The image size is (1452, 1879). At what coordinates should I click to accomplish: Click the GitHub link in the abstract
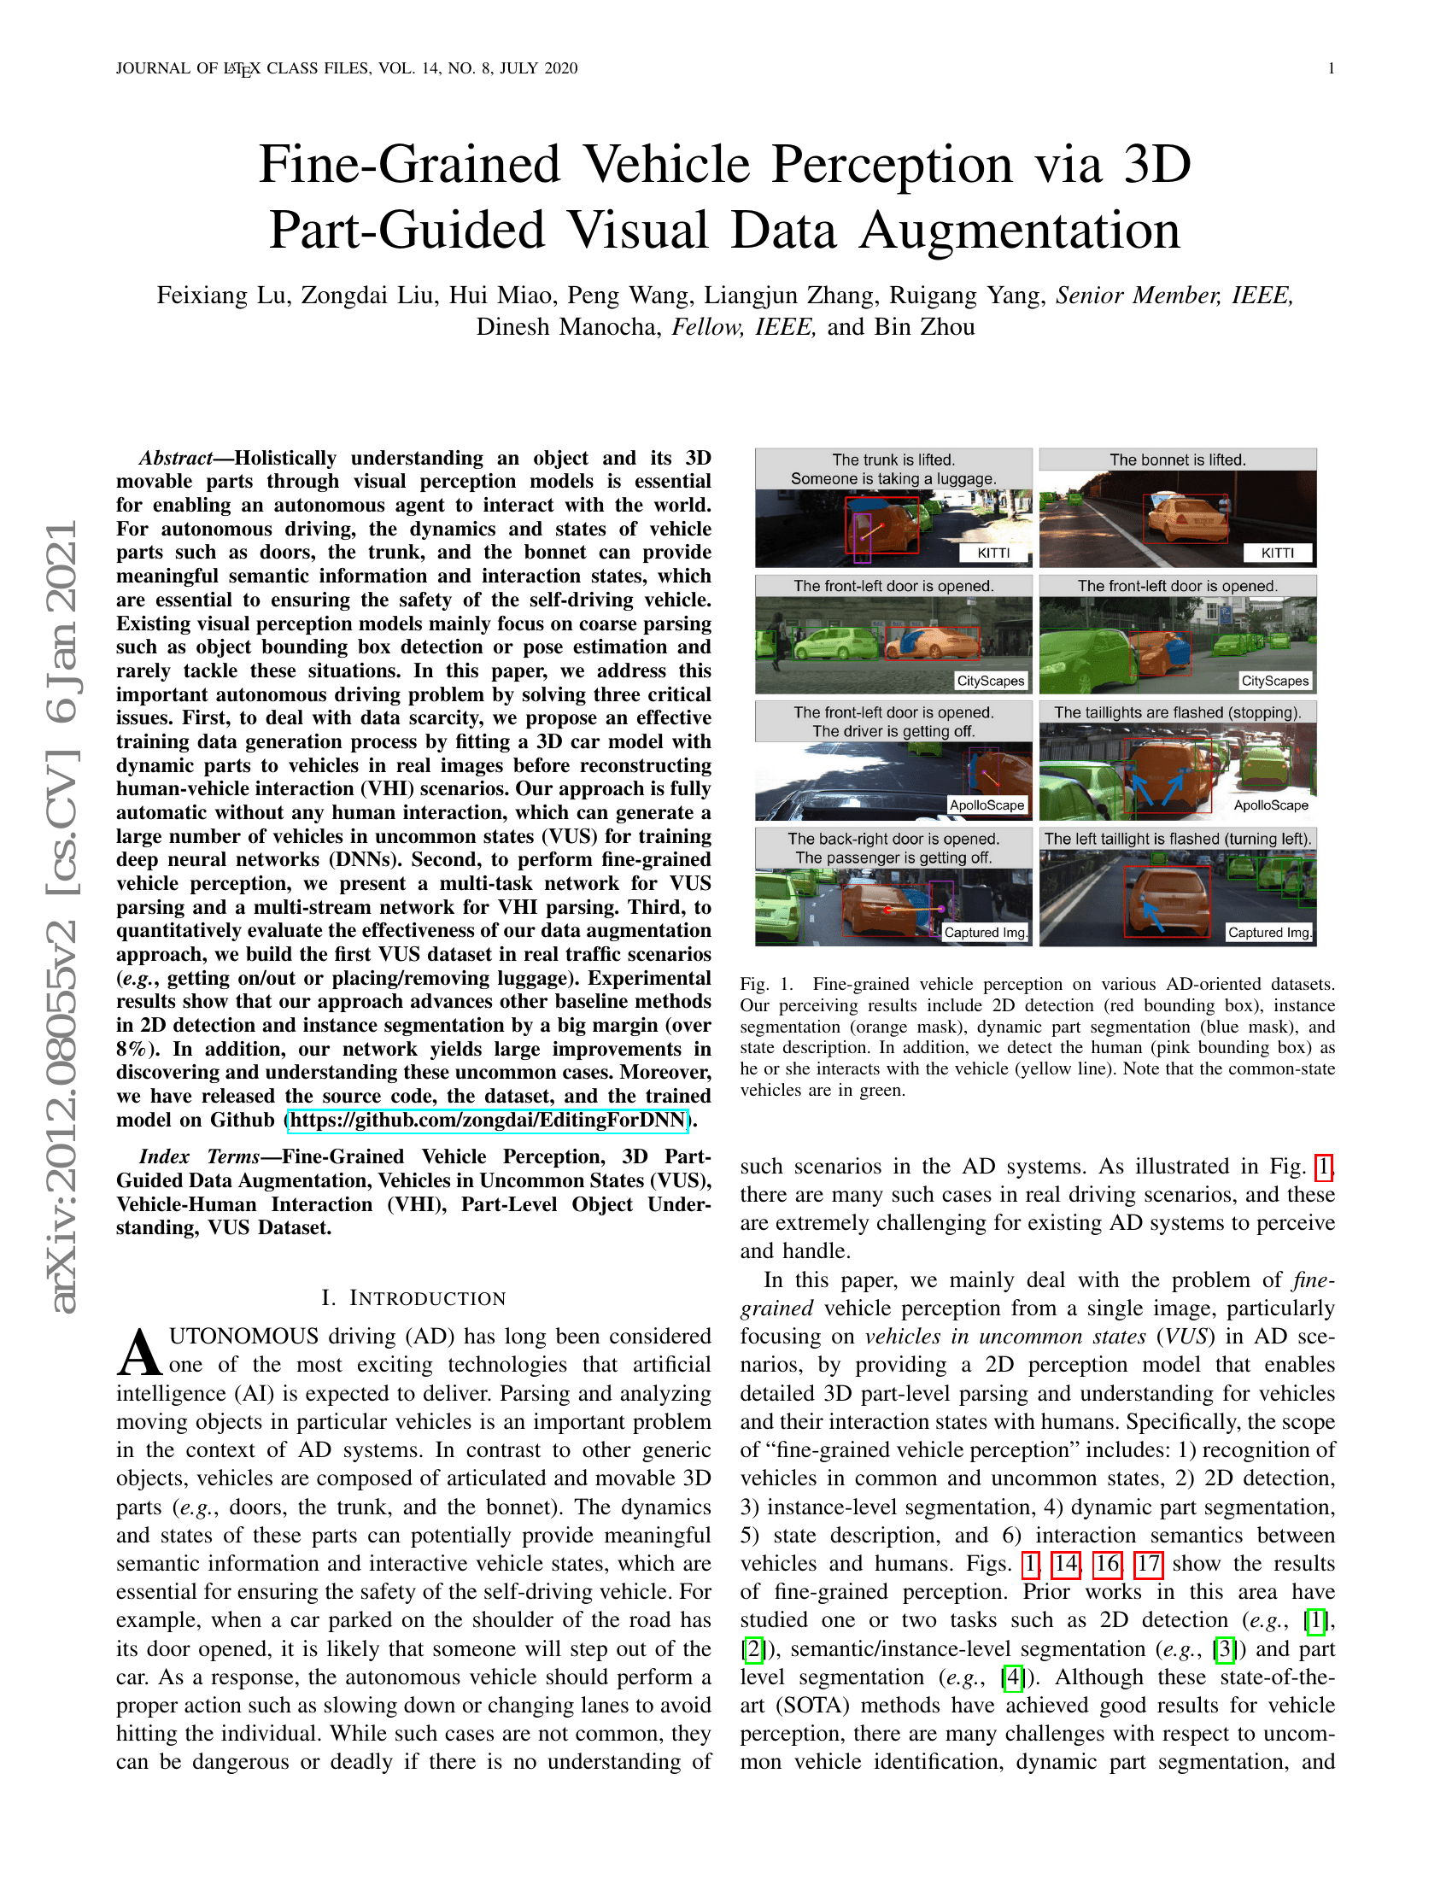(x=488, y=1121)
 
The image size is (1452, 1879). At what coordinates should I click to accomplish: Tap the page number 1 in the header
(x=1332, y=68)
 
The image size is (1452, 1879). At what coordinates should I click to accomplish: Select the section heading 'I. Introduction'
(x=413, y=1298)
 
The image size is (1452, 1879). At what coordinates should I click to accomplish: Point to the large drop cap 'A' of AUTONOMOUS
(x=140, y=1353)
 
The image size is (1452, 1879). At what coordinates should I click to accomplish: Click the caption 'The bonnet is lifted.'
(x=1178, y=460)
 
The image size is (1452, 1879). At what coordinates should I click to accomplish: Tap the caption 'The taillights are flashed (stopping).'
(x=1178, y=712)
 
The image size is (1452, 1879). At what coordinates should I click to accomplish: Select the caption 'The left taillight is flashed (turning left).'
(x=1178, y=839)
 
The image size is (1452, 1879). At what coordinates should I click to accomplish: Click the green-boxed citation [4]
(x=1012, y=1677)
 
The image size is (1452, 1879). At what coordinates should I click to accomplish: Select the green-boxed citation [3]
(x=1225, y=1648)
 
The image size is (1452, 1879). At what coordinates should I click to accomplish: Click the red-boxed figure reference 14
(x=1066, y=1563)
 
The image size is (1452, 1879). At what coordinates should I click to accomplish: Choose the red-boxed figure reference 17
(x=1148, y=1563)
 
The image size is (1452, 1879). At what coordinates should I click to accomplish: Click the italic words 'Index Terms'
(x=200, y=1156)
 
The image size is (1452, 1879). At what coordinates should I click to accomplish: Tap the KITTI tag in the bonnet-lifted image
(x=1278, y=553)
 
